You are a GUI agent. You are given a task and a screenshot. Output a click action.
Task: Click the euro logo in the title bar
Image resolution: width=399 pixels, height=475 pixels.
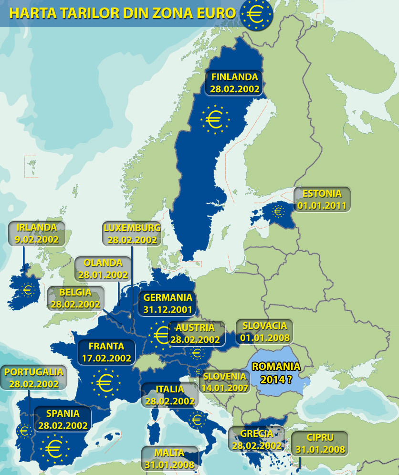tap(257, 14)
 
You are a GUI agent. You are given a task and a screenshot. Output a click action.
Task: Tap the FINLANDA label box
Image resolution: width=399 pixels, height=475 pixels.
tap(234, 82)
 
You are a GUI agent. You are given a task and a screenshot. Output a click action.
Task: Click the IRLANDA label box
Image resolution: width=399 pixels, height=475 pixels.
tap(37, 233)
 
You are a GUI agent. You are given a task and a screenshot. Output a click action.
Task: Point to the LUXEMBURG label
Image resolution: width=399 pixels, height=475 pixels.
tap(132, 233)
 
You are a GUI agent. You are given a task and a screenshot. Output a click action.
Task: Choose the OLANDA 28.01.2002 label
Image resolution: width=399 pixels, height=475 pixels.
tap(103, 268)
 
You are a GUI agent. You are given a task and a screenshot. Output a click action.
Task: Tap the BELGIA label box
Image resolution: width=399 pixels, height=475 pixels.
tap(76, 298)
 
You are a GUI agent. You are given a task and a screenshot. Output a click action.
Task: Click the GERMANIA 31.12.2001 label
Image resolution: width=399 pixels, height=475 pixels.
tap(168, 303)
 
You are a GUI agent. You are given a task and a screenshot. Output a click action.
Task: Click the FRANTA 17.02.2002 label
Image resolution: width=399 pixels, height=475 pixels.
tap(106, 351)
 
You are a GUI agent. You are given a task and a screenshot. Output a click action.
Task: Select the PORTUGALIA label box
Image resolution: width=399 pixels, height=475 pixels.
tap(32, 377)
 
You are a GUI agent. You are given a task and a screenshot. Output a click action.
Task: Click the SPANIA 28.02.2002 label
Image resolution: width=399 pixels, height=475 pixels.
tap(63, 419)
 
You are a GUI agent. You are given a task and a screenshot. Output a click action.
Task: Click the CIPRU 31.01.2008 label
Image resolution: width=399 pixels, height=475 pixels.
tap(320, 443)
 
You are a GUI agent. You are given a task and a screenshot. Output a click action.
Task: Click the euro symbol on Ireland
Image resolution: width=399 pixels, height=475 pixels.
tap(28, 289)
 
